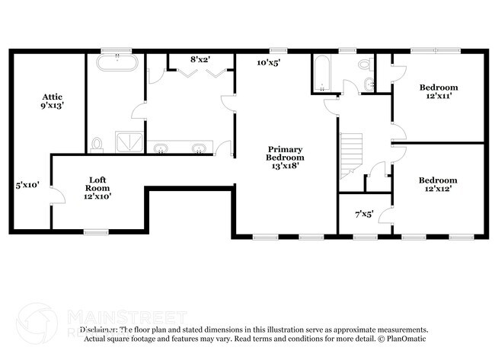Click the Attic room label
tap(52, 101)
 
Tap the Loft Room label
tap(97, 187)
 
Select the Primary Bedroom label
tap(285, 156)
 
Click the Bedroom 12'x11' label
tap(439, 92)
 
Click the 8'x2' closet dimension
tap(201, 59)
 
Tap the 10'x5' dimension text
tap(268, 63)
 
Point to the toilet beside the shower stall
tap(97, 144)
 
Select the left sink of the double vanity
tap(162, 148)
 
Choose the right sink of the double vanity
tap(199, 148)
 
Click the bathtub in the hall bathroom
tap(320, 75)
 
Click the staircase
tap(352, 152)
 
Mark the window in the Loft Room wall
tap(95, 231)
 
